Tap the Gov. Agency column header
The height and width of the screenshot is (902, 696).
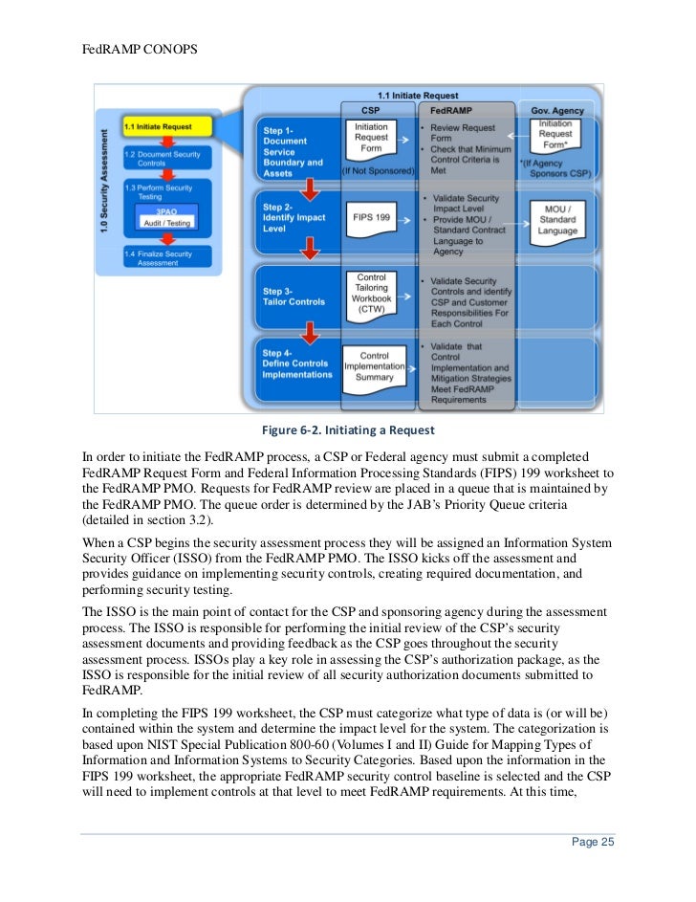click(557, 111)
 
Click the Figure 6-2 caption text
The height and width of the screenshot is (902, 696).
click(348, 429)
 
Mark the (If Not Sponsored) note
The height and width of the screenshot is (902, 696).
click(379, 169)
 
